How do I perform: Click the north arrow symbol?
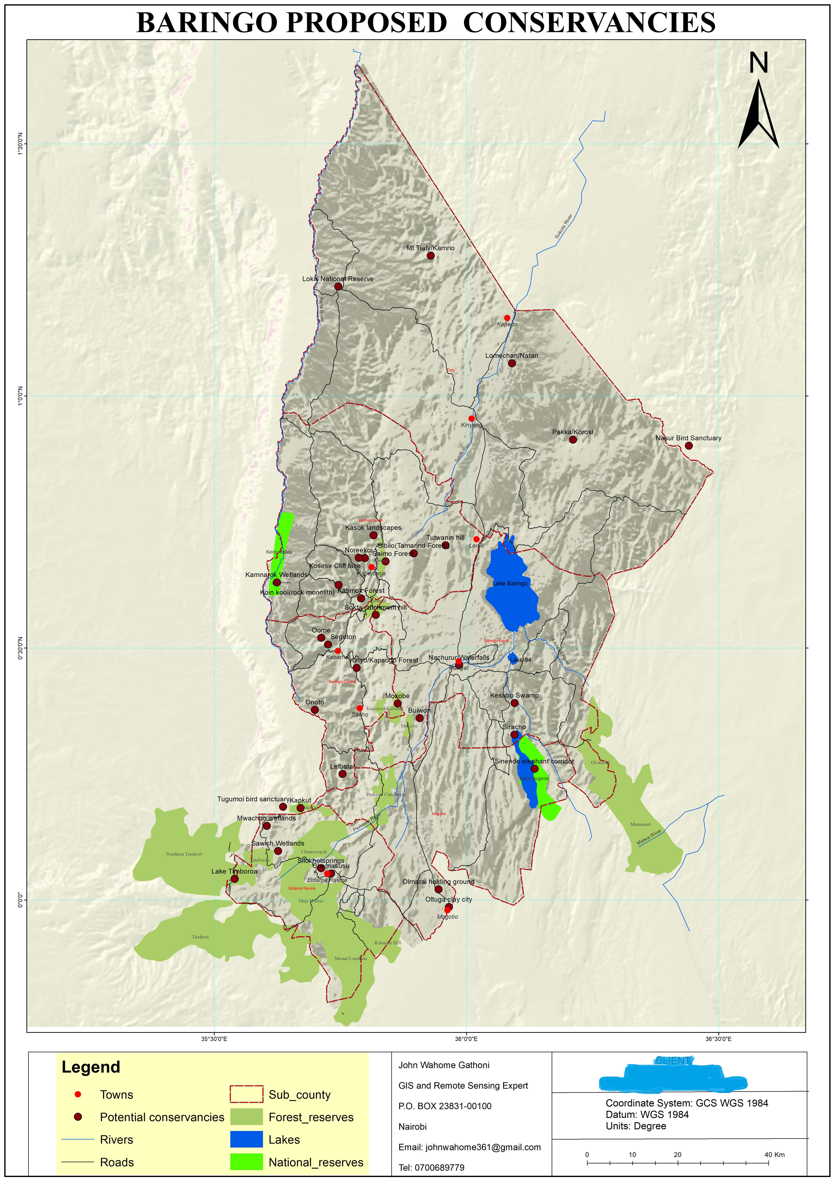758,113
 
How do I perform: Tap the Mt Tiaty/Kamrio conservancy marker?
431,256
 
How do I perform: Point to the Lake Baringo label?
510,583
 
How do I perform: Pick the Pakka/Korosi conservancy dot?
573,439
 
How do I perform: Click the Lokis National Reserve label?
338,279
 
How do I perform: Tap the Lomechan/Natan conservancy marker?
511,364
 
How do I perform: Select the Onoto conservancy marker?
315,710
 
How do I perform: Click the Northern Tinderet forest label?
184,854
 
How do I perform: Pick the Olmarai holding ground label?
438,882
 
